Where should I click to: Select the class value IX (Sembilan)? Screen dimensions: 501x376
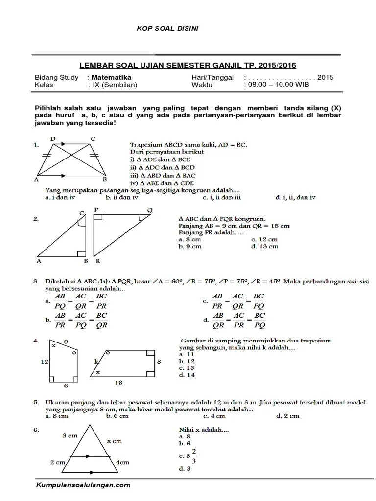pos(113,84)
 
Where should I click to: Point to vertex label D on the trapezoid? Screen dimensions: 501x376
pos(52,139)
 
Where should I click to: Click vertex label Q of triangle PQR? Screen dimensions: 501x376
pos(149,210)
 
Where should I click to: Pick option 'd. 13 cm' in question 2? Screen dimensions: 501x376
pos(264,246)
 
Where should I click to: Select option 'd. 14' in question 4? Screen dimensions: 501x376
pos(187,375)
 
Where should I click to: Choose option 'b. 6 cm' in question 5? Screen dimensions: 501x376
pos(117,416)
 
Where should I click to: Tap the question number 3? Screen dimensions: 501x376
pos(36,282)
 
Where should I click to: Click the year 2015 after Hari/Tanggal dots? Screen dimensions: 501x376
pos(325,77)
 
